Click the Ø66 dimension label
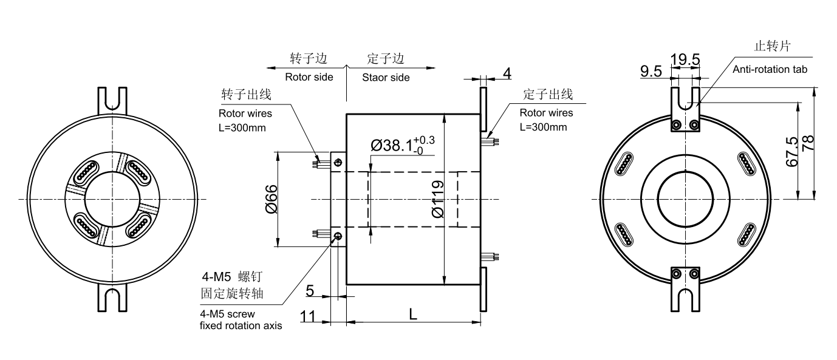pyautogui.click(x=271, y=199)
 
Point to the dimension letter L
pyautogui.click(x=413, y=314)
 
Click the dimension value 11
pyautogui.click(x=308, y=316)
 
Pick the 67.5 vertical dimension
pyautogui.click(x=791, y=153)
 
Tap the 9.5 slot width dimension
pyautogui.click(x=650, y=72)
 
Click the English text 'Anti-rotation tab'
pyautogui.click(x=770, y=69)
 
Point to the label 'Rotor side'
pyautogui.click(x=309, y=77)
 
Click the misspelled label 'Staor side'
pyautogui.click(x=386, y=77)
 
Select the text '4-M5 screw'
pyautogui.click(x=227, y=314)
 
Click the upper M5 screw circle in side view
pyautogui.click(x=338, y=161)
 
